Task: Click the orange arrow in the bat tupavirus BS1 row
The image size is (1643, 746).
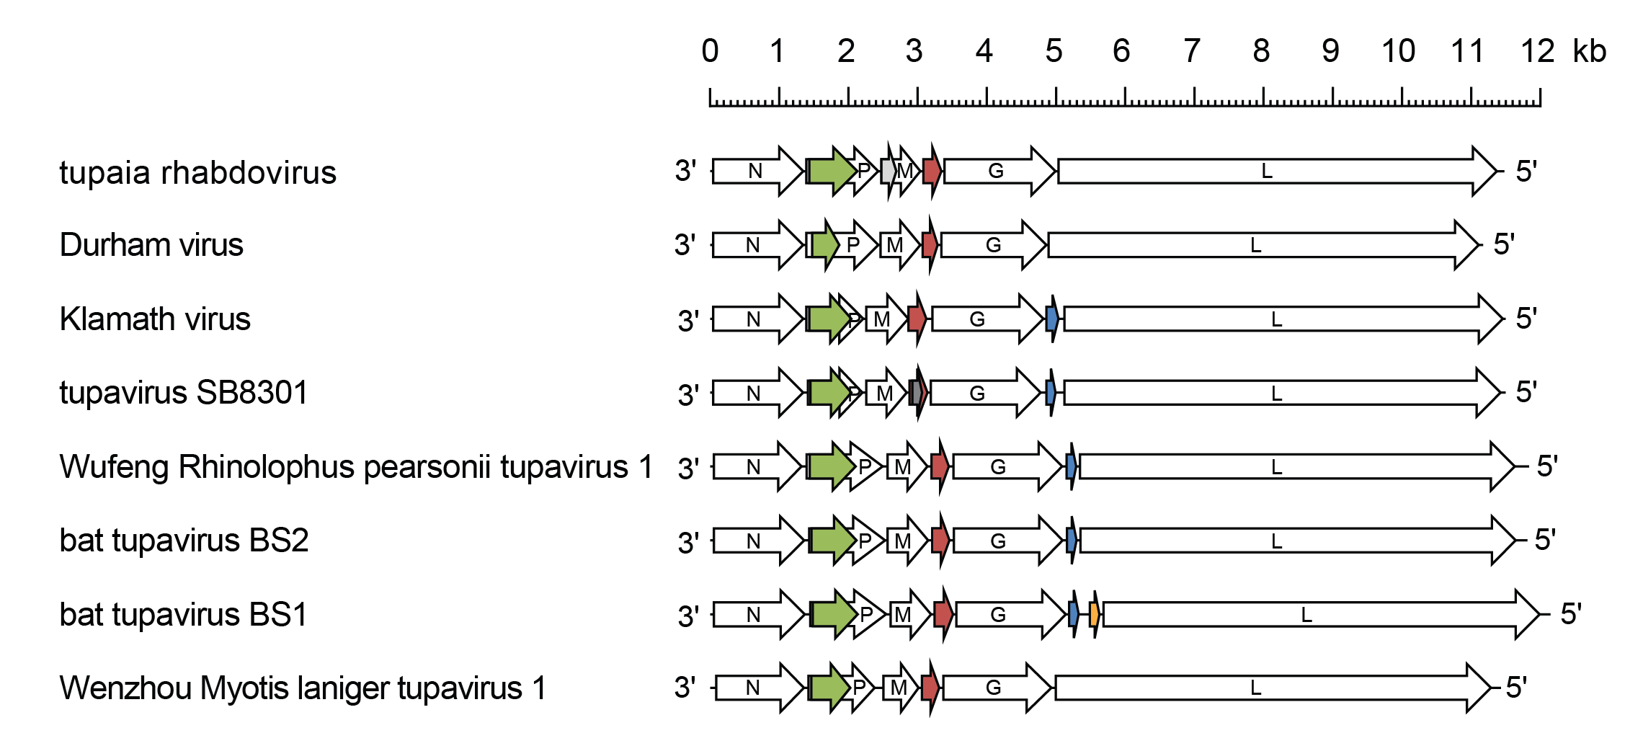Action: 1095,615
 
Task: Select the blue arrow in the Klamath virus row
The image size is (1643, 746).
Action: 1052,319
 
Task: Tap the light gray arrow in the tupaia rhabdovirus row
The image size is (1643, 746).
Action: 889,172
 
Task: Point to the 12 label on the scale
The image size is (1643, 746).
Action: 1537,52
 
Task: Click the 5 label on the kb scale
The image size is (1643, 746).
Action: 1054,52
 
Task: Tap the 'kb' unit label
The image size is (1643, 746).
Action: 1589,52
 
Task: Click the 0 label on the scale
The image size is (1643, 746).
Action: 710,52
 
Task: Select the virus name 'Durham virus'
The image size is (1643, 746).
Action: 151,245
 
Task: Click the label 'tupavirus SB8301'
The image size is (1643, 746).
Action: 184,393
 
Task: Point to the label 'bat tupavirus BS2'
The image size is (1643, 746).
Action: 184,541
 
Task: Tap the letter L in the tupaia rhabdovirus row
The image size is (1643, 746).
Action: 1267,172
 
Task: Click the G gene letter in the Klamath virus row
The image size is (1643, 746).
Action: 977,319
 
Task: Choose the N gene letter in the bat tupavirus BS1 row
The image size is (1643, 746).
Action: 753,615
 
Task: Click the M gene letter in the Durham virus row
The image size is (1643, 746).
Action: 894,246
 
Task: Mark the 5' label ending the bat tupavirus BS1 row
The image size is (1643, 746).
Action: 1571,614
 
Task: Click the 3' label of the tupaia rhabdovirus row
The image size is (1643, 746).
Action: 685,172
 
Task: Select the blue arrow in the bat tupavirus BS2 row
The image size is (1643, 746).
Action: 1072,540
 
